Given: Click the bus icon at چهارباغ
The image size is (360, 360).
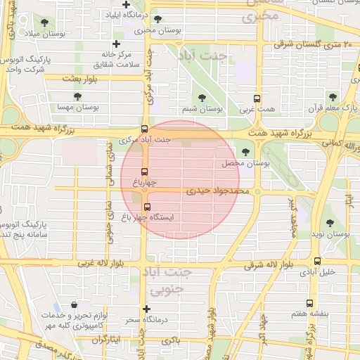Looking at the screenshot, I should point(145,172).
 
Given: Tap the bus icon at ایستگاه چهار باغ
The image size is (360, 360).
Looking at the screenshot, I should point(147,207).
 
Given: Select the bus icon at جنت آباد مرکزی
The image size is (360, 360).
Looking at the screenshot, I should point(144,129).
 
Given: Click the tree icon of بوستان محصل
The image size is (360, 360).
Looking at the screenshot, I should point(245,152).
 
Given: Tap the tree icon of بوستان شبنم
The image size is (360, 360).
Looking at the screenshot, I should point(202,98).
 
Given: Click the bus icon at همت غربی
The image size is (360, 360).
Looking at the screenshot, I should point(257,98).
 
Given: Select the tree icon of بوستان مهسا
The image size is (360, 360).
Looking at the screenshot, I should point(77,96).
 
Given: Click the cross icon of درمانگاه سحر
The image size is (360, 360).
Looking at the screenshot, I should point(146,309).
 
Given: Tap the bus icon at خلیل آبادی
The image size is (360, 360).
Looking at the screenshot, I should point(317,261).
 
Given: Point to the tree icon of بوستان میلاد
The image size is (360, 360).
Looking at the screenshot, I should point(46,22).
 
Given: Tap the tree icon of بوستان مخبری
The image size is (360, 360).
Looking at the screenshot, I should point(157,19).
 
